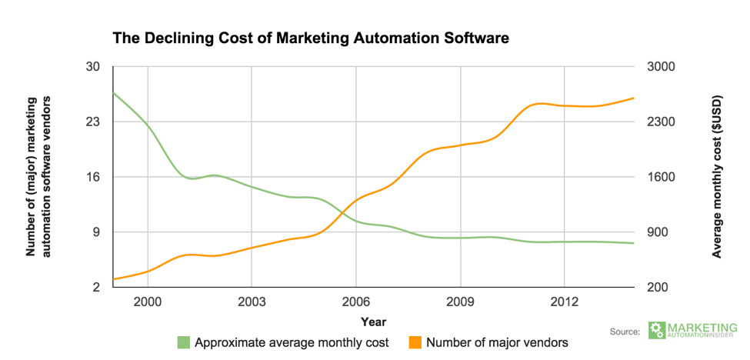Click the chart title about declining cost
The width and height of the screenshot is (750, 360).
[311, 37]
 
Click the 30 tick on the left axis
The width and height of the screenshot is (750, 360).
[92, 67]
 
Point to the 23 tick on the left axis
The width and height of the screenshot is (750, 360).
[92, 122]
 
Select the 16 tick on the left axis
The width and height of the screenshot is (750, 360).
[92, 177]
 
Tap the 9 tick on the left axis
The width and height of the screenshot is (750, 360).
[96, 232]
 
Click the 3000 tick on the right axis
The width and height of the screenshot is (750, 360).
[659, 67]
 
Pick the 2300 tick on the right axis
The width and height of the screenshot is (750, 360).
[659, 122]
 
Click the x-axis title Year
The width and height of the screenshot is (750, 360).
[374, 322]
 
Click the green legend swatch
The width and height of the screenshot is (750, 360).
[183, 342]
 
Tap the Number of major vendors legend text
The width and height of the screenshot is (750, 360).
[497, 342]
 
